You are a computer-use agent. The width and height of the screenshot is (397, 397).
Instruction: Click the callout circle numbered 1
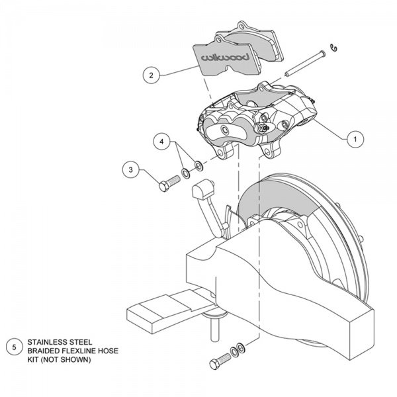355,139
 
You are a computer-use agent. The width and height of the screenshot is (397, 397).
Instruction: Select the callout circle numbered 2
152,75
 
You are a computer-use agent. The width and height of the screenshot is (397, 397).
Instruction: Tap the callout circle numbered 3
130,169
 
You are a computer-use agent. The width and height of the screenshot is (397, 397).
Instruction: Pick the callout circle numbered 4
162,142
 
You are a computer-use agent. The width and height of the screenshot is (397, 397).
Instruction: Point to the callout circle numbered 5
14,347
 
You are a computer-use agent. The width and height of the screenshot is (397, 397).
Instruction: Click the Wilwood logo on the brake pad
225,57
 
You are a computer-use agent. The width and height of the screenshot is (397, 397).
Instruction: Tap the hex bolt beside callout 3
169,183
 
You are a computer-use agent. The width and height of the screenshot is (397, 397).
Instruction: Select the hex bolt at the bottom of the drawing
220,361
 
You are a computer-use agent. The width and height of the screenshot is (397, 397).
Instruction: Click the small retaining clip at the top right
334,48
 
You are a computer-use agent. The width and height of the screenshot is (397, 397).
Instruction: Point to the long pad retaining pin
305,64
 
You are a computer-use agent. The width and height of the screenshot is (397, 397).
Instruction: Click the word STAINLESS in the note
45,342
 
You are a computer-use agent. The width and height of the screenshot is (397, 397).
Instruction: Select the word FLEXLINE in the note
80,351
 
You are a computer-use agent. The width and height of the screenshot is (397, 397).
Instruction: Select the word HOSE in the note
109,351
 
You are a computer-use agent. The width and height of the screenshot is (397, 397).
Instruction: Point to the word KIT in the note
32,359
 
